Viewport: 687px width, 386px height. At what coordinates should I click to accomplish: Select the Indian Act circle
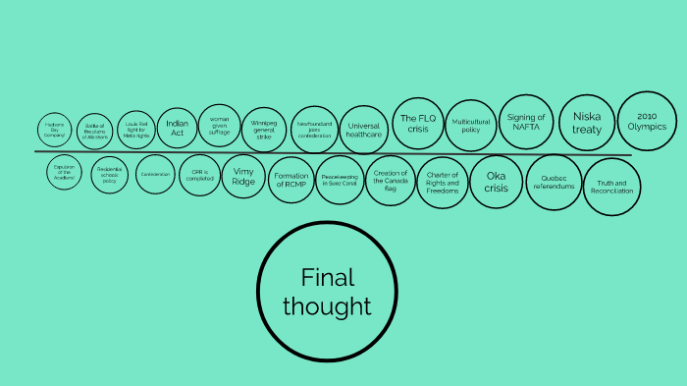(177, 127)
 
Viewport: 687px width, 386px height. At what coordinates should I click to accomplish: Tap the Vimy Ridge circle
(242, 176)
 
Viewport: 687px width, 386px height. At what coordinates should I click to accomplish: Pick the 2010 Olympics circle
(648, 121)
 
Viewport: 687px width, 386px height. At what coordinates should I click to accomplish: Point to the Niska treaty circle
(587, 123)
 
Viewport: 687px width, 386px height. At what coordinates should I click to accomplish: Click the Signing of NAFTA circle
(526, 123)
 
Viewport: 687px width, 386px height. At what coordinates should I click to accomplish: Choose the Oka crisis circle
(497, 182)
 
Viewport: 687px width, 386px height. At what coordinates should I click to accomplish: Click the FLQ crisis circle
(416, 124)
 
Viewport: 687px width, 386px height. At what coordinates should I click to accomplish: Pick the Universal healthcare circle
(363, 130)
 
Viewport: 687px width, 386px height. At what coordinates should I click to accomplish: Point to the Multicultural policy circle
(470, 124)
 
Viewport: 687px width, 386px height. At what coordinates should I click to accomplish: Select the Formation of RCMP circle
(292, 180)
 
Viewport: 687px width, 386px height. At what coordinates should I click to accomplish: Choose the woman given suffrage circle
(220, 126)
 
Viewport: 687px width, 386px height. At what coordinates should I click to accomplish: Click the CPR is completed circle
(199, 175)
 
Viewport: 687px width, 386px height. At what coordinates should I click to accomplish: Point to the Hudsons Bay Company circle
(55, 131)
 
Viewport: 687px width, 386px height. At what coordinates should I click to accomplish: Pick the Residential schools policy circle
(110, 176)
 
